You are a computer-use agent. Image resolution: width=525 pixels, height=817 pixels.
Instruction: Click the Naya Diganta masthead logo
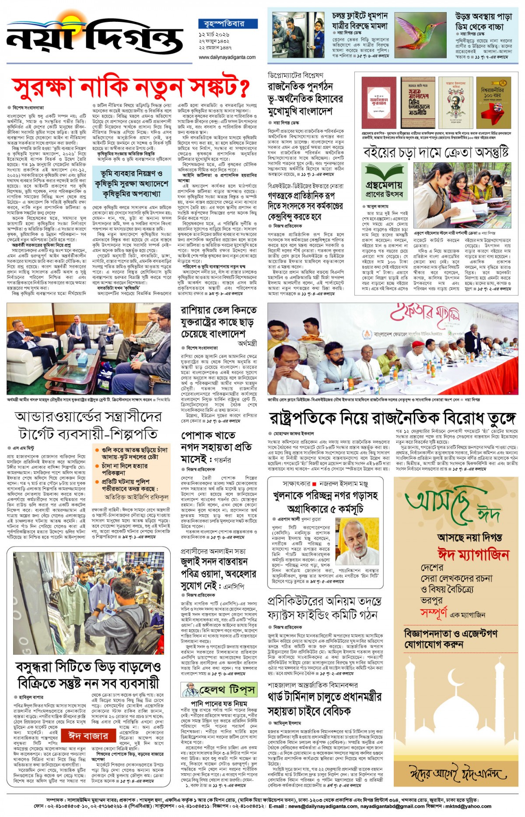(94, 37)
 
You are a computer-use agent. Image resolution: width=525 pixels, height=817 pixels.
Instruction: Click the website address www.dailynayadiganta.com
(227, 57)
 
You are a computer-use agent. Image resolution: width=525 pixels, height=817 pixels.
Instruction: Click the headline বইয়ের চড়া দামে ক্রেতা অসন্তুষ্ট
(436, 152)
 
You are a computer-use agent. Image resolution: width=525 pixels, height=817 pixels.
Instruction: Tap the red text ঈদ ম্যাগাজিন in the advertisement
(473, 555)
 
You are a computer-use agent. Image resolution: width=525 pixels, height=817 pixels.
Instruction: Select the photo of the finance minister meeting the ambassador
(89, 349)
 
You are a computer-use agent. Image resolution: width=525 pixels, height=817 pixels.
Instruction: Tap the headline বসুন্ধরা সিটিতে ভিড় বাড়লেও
(88, 667)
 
